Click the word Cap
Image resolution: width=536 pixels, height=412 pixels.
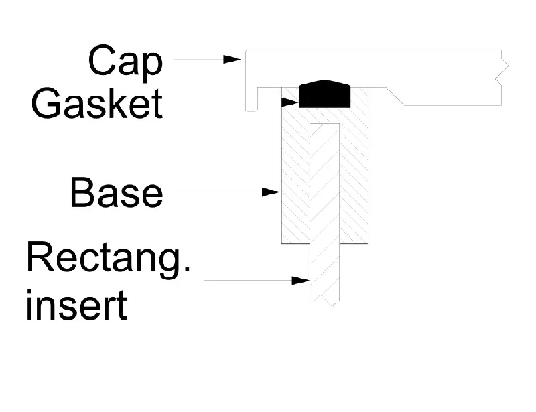[x=125, y=63]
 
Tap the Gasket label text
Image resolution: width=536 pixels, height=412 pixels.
[x=97, y=103]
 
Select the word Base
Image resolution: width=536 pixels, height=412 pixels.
[x=116, y=192]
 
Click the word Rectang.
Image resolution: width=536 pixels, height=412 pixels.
[x=108, y=259]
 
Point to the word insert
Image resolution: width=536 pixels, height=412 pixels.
[x=76, y=305]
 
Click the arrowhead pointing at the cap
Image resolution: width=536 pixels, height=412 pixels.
[x=232, y=59]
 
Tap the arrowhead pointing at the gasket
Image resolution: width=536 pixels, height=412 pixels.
[x=290, y=102]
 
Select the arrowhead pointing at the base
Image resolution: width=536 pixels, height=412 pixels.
[x=271, y=192]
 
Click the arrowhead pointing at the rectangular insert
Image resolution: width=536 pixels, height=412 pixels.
[x=300, y=281]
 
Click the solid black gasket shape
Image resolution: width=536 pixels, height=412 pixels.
[x=325, y=94]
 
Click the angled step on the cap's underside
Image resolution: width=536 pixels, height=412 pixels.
[x=395, y=96]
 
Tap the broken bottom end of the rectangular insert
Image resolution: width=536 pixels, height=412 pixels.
[x=325, y=301]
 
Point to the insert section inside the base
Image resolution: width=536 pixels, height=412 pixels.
[x=325, y=184]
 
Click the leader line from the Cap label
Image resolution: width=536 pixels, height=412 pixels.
[x=198, y=59]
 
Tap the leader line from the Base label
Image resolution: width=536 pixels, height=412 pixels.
[x=218, y=192]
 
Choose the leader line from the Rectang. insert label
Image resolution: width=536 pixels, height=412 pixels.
[x=248, y=281]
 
